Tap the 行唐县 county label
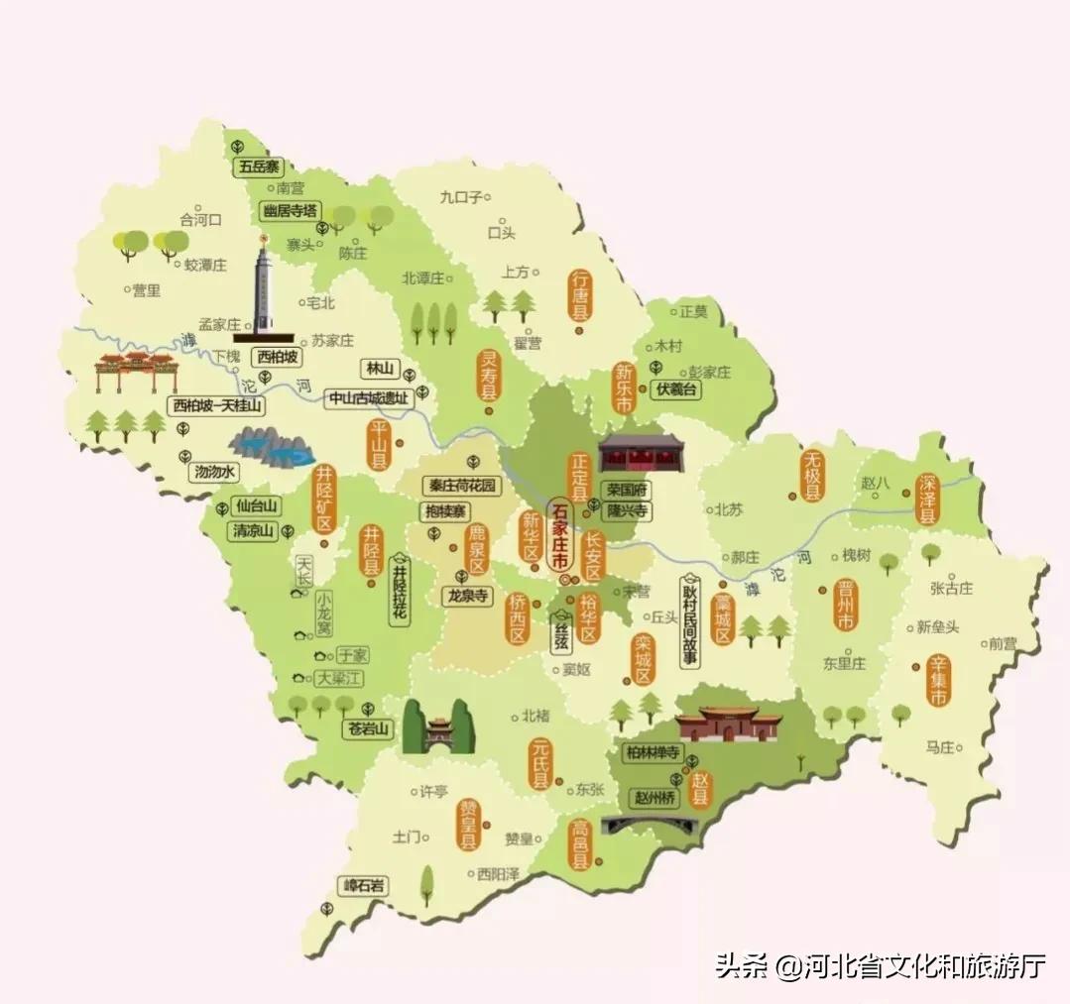[580, 294]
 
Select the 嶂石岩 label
[362, 886]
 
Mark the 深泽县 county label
[927, 498]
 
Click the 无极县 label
[813, 478]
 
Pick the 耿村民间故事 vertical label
[689, 621]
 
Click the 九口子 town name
[461, 197]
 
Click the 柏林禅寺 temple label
[653, 752]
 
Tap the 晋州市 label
[845, 606]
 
